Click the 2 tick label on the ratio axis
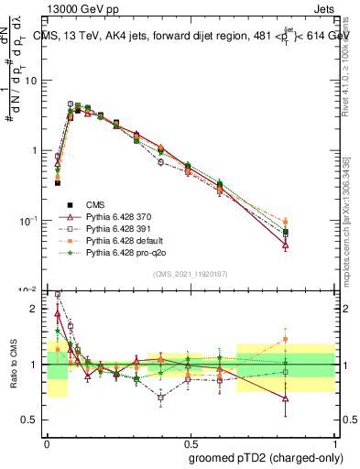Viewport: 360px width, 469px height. (37, 309)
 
